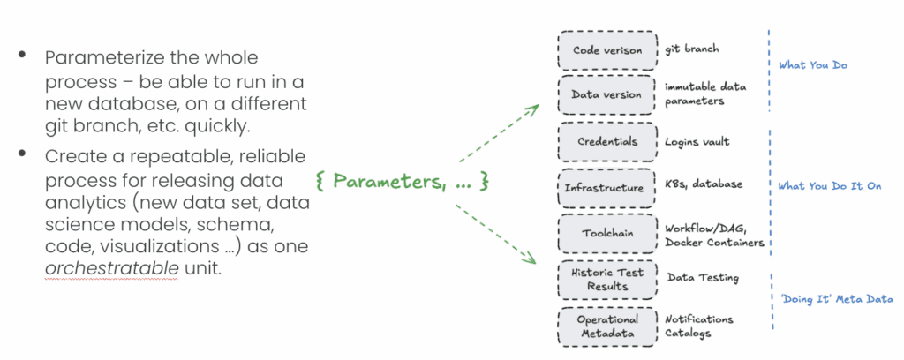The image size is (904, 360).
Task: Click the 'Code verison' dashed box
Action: click(607, 49)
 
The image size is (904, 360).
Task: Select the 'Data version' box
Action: click(607, 94)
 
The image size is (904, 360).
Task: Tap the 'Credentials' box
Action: click(607, 141)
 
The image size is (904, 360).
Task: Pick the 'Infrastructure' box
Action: click(607, 187)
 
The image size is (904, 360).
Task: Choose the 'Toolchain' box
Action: click(607, 233)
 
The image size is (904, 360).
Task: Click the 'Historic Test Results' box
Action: click(607, 280)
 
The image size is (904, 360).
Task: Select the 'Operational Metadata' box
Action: click(607, 326)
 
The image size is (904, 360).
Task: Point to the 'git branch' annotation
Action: click(692, 50)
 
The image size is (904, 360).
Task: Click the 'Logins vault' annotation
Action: click(697, 141)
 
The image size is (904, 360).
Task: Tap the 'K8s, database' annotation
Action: click(704, 184)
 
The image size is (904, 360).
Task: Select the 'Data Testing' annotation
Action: click(703, 279)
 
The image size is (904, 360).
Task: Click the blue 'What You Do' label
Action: click(813, 66)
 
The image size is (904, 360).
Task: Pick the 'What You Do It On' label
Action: click(829, 186)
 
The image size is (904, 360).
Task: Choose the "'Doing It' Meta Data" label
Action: click(836, 299)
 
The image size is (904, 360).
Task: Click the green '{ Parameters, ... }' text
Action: click(402, 182)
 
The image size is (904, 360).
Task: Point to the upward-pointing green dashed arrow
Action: click(499, 133)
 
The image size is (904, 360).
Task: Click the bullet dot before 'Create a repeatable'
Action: click(22, 155)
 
